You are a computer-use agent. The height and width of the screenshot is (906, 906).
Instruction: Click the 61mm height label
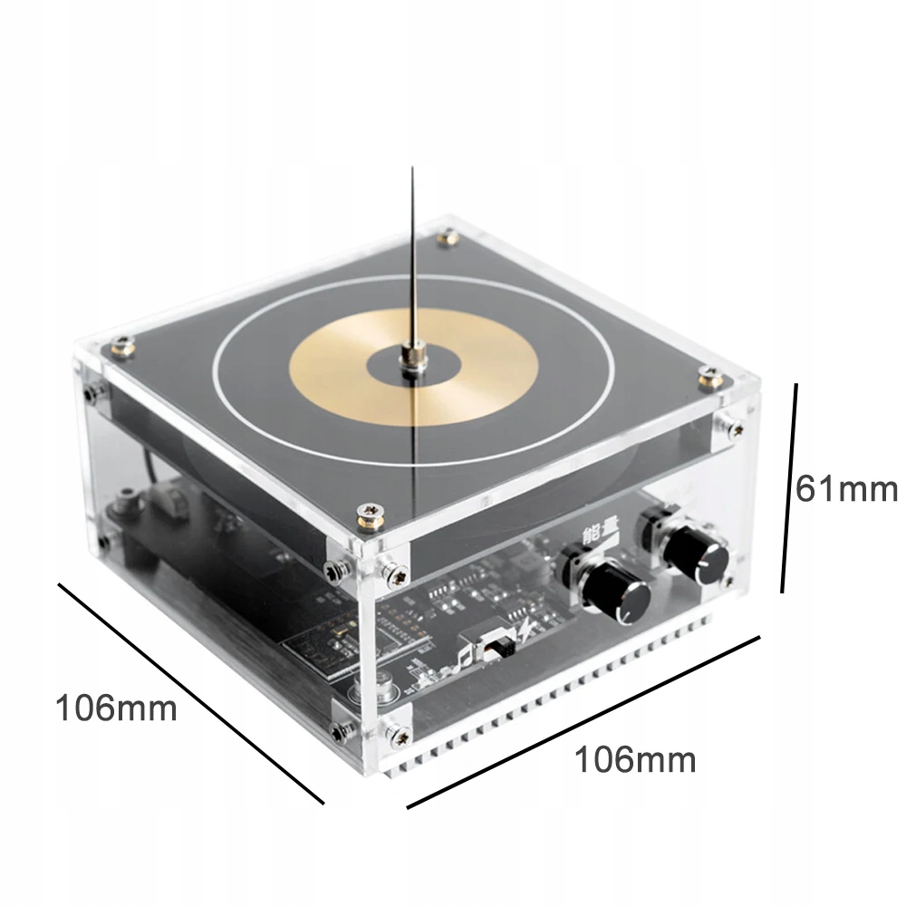point(846,489)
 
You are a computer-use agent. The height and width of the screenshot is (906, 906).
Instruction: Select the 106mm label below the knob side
point(635,759)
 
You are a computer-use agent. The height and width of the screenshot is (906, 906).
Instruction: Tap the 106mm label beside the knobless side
point(116,708)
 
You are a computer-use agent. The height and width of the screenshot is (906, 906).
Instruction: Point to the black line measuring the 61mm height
point(789,487)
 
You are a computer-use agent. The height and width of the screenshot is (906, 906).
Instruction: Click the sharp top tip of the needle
point(412,169)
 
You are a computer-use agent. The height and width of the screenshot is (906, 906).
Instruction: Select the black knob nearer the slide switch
point(616,595)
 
